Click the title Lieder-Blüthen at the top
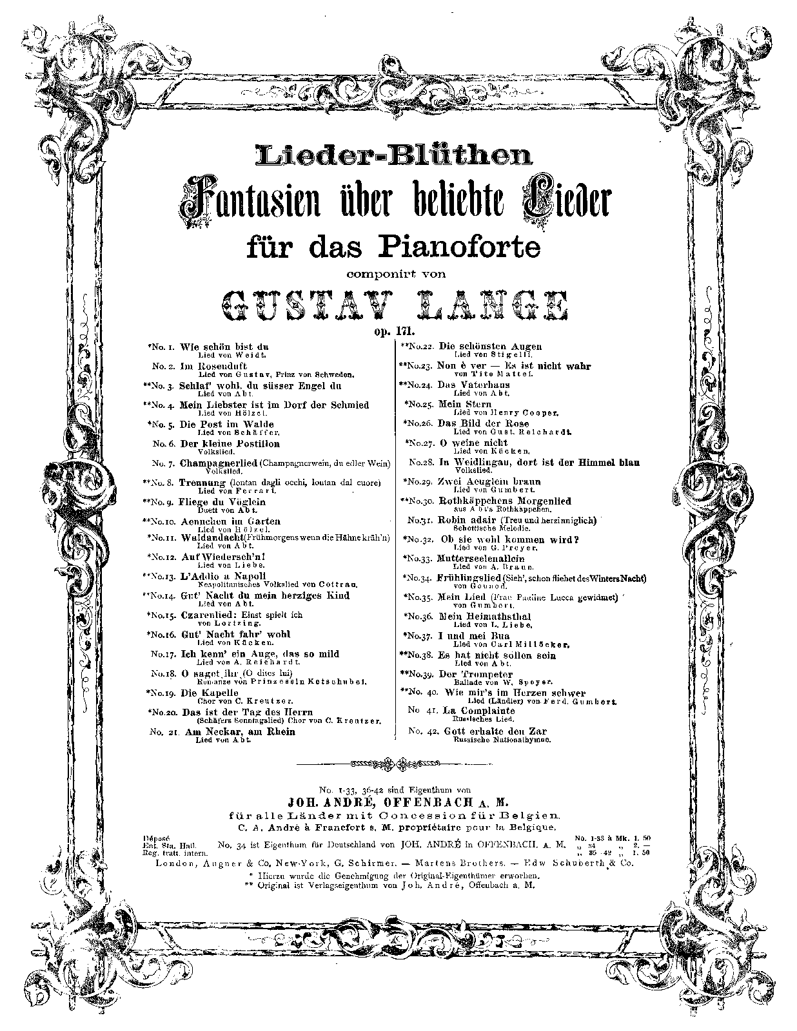(x=394, y=155)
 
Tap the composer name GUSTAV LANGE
(x=394, y=305)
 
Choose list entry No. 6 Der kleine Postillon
(x=230, y=443)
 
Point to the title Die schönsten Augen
(x=490, y=346)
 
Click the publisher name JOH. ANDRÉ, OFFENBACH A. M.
(x=398, y=802)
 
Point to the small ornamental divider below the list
(x=398, y=764)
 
